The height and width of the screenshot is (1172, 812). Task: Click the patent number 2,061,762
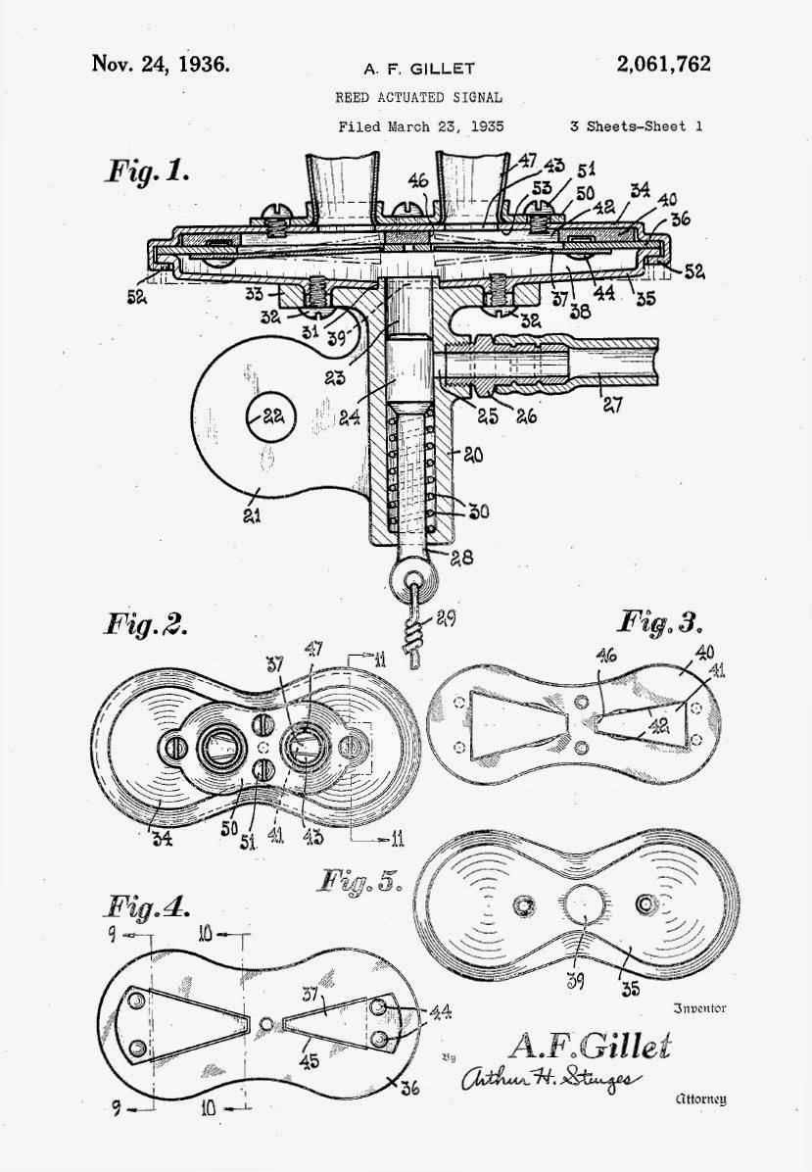pyautogui.click(x=663, y=65)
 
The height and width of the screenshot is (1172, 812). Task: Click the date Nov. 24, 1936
pyautogui.click(x=161, y=64)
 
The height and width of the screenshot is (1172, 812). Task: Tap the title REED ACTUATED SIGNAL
pyautogui.click(x=418, y=97)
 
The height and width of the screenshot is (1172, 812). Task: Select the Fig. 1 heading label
pyautogui.click(x=146, y=171)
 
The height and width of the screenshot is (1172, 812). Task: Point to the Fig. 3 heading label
pyautogui.click(x=661, y=622)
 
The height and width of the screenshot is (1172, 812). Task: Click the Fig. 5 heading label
pyautogui.click(x=360, y=881)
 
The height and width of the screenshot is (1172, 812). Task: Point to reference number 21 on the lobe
pyautogui.click(x=253, y=513)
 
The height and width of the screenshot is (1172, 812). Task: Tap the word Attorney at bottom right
pyautogui.click(x=700, y=1099)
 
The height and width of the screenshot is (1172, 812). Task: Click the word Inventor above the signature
pyautogui.click(x=700, y=1008)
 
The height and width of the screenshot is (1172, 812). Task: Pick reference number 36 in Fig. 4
pyautogui.click(x=409, y=1088)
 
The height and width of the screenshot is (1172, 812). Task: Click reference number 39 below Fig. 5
pyautogui.click(x=575, y=981)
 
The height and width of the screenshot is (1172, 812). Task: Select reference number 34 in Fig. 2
pyautogui.click(x=162, y=840)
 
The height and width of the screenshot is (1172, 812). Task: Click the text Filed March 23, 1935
pyautogui.click(x=420, y=126)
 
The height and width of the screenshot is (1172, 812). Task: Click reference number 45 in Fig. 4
pyautogui.click(x=310, y=1060)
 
